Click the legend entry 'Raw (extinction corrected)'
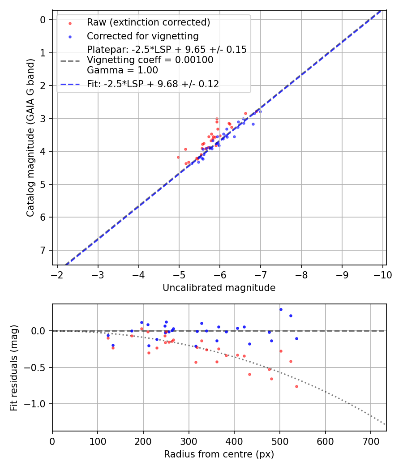pos(148,22)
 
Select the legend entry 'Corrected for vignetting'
pos(142,36)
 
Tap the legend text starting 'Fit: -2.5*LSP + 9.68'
pos(153,84)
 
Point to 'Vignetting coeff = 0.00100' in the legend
pos(150,60)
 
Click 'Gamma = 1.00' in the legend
pos(122,70)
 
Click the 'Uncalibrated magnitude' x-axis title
pos(219,288)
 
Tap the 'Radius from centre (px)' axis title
pos(219,454)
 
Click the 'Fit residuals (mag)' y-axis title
pos(14,367)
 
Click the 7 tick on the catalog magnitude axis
pos(43,250)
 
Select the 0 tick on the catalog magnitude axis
pos(43,20)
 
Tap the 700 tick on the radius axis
pos(326,441)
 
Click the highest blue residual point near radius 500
pos(281,309)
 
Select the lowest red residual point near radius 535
pos(296,386)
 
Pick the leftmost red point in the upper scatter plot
pos(178,157)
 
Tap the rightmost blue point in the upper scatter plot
pos(260,111)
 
